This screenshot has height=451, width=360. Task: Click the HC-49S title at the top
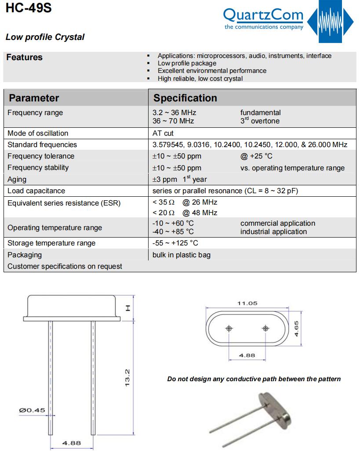(29, 8)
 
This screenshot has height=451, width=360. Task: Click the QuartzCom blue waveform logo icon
(330, 22)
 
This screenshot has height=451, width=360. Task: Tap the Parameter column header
(34, 98)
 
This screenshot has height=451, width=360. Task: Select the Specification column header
(185, 98)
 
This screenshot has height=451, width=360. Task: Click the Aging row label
(17, 179)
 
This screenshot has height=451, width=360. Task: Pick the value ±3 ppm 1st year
(179, 179)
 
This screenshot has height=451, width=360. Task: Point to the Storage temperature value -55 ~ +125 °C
(175, 243)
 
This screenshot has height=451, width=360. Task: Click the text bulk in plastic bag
(181, 255)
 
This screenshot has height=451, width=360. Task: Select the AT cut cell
(163, 133)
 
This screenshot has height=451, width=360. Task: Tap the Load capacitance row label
(36, 191)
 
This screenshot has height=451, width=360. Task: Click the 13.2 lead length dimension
(127, 378)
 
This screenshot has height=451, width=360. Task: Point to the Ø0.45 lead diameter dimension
(32, 410)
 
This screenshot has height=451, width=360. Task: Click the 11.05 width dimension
(247, 303)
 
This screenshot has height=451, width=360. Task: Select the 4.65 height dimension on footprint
(297, 328)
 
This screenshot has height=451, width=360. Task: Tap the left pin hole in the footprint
(229, 328)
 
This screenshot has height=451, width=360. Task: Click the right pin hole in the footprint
(265, 328)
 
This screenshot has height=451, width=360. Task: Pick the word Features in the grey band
(24, 58)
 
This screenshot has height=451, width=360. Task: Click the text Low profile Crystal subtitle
(45, 37)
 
